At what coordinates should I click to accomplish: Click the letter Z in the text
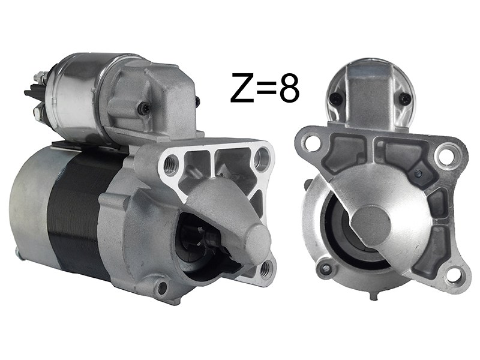tap(242, 88)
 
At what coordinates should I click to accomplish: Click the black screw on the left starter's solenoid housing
tap(144, 108)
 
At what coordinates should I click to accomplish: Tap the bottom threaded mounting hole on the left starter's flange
tap(265, 268)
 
